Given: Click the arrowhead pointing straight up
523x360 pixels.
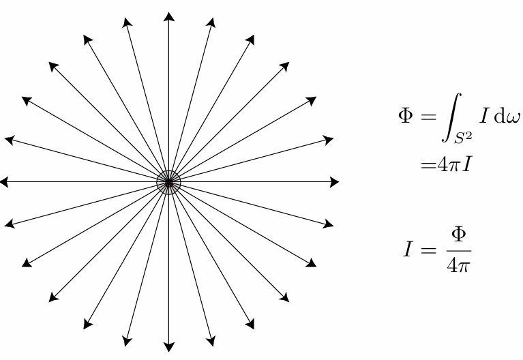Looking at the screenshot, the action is (x=169, y=16).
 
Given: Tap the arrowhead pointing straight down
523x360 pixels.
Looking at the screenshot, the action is (x=169, y=347).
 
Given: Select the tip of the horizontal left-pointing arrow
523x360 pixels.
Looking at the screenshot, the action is (x=0, y=182).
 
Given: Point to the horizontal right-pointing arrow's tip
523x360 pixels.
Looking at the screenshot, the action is (x=339, y=182).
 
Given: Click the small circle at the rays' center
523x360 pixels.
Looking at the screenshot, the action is (x=169, y=182).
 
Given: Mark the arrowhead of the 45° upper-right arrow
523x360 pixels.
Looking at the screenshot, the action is (x=284, y=67).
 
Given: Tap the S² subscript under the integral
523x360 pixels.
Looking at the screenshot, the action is (x=463, y=138).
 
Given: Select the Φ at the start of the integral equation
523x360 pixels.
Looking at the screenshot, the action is (x=406, y=116).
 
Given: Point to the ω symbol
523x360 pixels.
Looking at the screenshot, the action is (x=513, y=118).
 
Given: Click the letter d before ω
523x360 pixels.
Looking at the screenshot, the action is (x=499, y=116).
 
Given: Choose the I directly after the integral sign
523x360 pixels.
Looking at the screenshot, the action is (x=484, y=116).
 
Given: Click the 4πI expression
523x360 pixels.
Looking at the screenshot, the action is (x=454, y=164).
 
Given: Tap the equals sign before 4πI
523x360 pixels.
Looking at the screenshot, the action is (x=429, y=166).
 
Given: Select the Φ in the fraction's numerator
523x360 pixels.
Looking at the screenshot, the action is (x=459, y=235).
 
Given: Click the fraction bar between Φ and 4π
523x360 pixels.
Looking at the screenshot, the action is (x=459, y=250).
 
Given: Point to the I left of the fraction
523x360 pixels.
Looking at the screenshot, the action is (x=407, y=250).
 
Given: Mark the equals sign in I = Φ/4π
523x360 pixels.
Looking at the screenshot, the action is (x=429, y=250).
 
